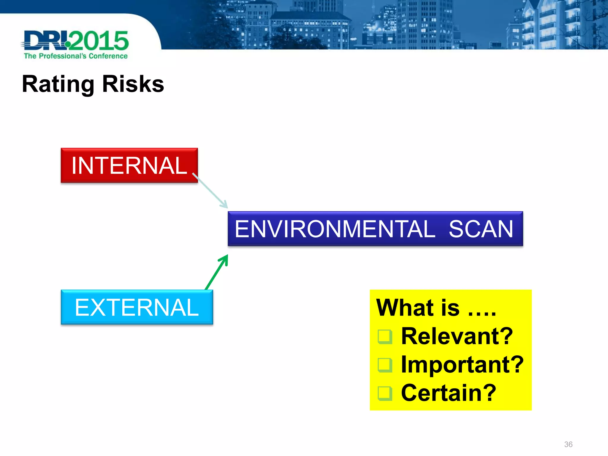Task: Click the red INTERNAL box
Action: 129,165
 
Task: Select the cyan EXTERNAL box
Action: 137,307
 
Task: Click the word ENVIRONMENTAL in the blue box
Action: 335,229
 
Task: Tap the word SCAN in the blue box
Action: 481,229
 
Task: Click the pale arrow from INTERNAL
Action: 210,191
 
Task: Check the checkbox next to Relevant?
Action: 385,337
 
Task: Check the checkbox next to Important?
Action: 385,365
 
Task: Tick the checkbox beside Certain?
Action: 385,393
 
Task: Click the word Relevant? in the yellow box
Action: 457,336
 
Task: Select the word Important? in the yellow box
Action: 462,365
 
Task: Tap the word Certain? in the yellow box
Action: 448,393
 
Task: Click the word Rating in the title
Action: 58,84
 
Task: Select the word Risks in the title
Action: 133,84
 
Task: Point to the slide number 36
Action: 568,444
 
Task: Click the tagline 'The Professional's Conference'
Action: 76,56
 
